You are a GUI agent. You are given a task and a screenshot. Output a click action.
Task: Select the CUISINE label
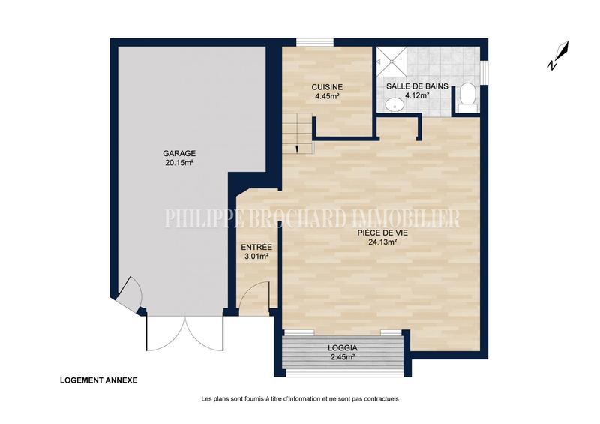(x=327, y=86)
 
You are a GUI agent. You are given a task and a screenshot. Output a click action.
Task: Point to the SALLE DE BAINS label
(x=417, y=86)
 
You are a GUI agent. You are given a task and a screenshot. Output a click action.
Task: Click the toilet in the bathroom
(x=466, y=97)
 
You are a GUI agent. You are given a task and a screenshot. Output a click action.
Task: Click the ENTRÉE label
(x=256, y=247)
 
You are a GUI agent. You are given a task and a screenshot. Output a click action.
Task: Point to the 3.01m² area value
(x=256, y=257)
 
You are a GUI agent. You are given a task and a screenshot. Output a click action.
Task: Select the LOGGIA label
(x=343, y=348)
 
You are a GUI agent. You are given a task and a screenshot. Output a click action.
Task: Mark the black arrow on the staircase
(x=298, y=147)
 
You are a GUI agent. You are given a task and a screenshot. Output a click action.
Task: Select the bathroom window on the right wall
(x=484, y=71)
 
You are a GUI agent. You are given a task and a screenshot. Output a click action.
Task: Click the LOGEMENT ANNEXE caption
(x=99, y=380)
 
